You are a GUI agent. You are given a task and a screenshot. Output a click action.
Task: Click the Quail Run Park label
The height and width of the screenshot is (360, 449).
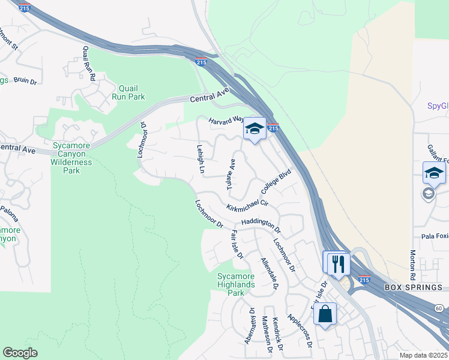click(128, 92)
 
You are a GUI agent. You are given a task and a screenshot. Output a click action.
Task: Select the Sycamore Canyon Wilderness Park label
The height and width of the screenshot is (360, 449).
click(71, 158)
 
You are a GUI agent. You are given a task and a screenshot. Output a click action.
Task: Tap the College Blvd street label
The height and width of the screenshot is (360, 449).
click(276, 182)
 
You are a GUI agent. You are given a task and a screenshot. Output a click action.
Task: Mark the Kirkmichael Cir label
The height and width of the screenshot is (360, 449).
click(247, 207)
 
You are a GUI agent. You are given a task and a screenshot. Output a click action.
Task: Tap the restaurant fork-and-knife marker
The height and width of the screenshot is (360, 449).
click(337, 263)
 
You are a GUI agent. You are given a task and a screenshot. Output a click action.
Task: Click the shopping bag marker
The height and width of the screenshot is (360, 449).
click(325, 313)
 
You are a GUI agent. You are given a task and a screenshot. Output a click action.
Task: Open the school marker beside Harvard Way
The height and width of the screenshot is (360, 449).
click(255, 128)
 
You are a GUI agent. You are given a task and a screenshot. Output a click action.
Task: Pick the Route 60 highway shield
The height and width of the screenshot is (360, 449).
click(439, 308)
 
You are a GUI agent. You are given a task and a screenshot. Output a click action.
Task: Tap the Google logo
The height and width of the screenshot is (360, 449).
click(20, 353)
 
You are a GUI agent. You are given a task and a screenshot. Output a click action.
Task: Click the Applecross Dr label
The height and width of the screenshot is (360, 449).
click(300, 331)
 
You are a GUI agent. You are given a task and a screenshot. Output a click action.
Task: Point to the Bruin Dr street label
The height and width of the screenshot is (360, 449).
click(25, 80)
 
